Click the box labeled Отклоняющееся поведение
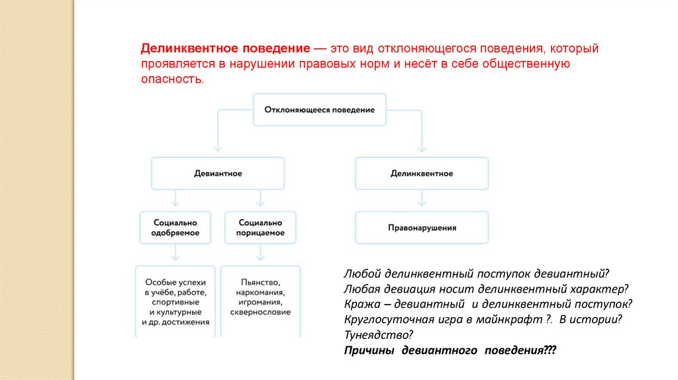pos(319,109)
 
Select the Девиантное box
pos(218,173)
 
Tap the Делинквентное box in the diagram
pos(422,173)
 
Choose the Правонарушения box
pos(422,228)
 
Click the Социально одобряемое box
pos(175,228)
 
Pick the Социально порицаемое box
pos(261,228)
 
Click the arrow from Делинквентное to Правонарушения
pos(422,201)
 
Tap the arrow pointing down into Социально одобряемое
pos(175,199)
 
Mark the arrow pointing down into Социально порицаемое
pos(261,199)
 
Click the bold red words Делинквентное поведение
pos(225,50)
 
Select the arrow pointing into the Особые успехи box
pos(175,254)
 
